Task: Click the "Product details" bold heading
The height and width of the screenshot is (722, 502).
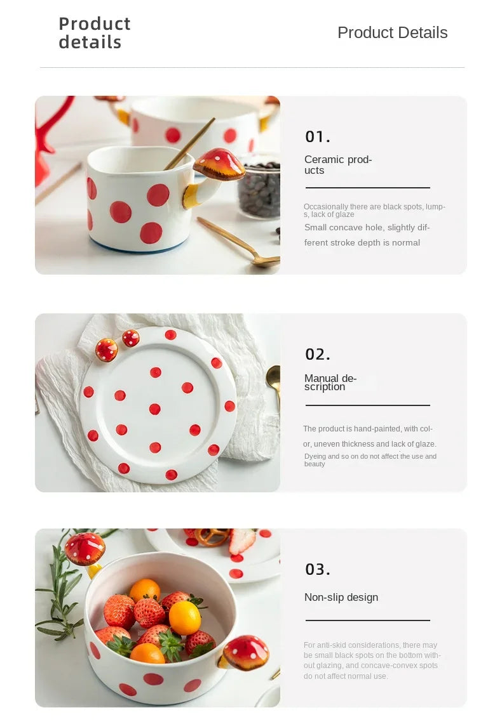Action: click(95, 33)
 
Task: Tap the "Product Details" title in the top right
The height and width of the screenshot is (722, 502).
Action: click(392, 33)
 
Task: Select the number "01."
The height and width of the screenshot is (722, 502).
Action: click(318, 136)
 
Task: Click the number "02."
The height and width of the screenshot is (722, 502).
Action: click(318, 354)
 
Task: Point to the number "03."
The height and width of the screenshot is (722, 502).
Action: click(318, 569)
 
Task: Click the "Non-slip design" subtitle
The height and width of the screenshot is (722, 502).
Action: click(341, 597)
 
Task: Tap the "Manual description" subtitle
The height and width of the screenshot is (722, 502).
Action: click(330, 383)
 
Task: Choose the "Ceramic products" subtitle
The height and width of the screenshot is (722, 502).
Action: click(338, 165)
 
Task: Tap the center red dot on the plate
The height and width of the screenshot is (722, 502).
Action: click(155, 409)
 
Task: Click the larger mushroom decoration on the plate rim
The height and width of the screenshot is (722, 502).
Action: click(107, 350)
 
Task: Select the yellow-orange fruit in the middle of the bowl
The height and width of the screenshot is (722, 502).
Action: click(185, 617)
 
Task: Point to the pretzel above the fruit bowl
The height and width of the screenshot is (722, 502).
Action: click(211, 537)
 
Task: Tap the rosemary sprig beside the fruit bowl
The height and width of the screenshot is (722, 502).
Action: click(62, 589)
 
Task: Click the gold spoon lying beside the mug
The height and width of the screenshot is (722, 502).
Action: click(239, 242)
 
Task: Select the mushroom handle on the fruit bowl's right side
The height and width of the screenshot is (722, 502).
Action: click(244, 652)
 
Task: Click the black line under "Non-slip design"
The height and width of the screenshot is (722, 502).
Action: click(368, 620)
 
